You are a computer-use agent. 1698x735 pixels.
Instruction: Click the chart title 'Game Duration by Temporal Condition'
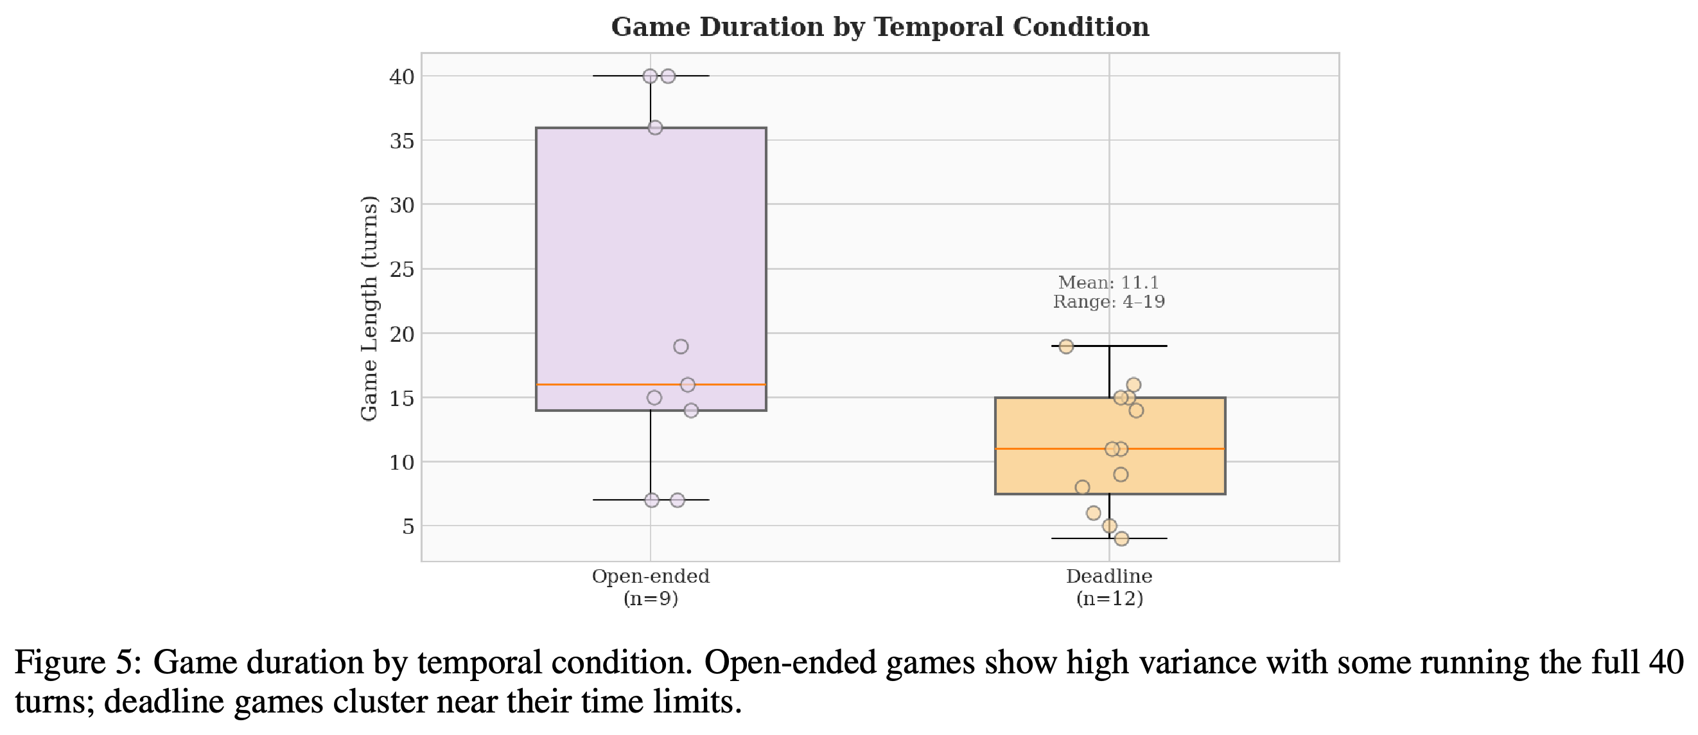[x=880, y=27]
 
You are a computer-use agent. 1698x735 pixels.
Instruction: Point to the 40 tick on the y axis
[x=402, y=76]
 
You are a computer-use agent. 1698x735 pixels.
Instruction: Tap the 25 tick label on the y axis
[x=402, y=270]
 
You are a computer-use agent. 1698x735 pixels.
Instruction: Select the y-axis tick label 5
[x=408, y=527]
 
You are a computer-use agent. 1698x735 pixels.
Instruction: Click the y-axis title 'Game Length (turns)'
[x=369, y=308]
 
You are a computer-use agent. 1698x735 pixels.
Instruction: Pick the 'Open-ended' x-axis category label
[x=651, y=576]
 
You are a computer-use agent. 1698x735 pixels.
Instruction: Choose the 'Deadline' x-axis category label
[x=1109, y=576]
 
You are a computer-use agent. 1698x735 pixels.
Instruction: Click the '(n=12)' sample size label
[x=1109, y=599]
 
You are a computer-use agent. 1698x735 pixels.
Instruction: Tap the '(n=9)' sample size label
[x=651, y=599]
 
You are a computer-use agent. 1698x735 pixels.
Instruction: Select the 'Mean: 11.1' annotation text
[x=1108, y=283]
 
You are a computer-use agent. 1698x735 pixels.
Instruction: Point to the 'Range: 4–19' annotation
[x=1108, y=302]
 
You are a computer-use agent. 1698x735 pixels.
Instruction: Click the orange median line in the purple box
[x=651, y=384]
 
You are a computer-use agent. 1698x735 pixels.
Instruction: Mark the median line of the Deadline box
[x=1110, y=449]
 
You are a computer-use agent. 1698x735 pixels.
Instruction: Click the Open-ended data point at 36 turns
[x=655, y=128]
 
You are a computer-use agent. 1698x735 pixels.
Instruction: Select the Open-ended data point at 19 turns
[x=681, y=347]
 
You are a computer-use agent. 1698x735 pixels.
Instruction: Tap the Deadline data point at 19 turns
[x=1067, y=347]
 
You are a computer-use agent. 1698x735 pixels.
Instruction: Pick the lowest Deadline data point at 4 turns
[x=1122, y=539]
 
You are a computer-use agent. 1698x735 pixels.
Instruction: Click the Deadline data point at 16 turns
[x=1133, y=385]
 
